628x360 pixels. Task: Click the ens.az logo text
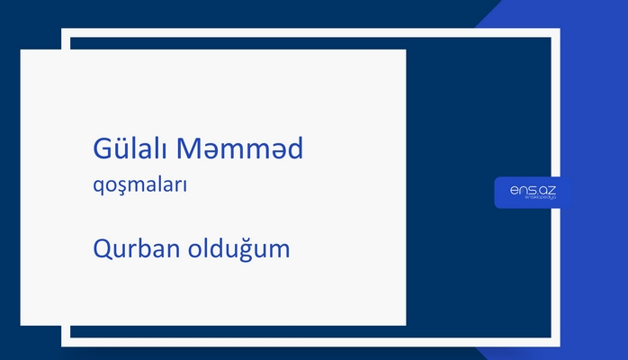point(533,190)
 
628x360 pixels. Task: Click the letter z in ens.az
point(551,190)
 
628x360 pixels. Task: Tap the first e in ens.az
point(513,190)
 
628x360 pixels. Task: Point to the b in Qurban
point(145,247)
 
